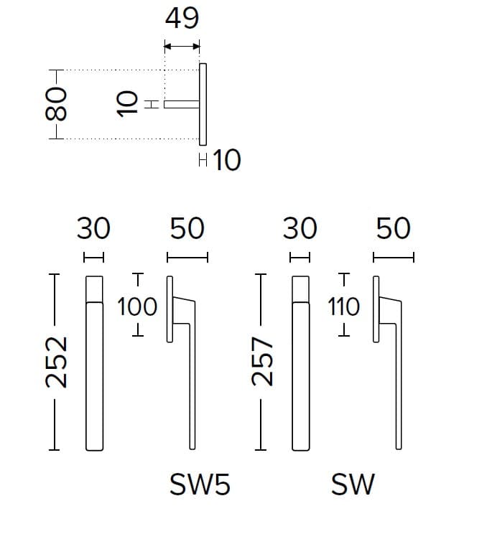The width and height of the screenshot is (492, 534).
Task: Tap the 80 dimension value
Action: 56,104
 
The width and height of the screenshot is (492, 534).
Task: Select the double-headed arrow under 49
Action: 182,46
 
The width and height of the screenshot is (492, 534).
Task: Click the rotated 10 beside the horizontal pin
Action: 127,104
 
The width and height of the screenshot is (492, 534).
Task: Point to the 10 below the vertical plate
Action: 226,160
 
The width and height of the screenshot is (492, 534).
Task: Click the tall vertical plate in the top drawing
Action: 203,104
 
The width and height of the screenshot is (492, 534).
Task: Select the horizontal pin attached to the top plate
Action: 182,104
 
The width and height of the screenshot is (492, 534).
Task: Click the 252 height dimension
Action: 56,362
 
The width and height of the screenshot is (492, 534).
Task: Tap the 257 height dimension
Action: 262,361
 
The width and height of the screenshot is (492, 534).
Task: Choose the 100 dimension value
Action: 137,306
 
